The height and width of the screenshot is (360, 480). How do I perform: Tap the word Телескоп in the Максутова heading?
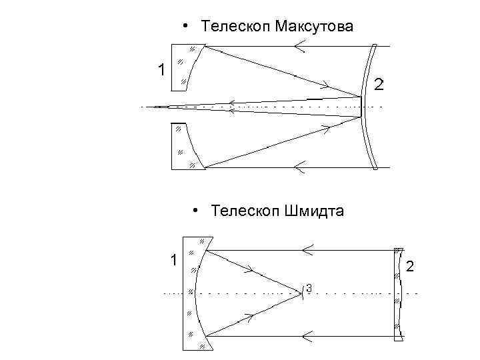coord(231,26)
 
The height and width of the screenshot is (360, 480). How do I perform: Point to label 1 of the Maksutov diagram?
coord(160,69)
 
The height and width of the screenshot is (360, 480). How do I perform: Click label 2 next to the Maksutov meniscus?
coord(379,85)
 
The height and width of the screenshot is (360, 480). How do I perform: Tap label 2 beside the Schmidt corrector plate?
coord(410,267)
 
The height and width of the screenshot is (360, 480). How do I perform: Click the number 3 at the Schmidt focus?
coord(309,288)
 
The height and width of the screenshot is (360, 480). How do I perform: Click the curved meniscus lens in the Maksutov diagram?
coord(368,106)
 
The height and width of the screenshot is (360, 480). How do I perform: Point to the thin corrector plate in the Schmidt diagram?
coord(399,293)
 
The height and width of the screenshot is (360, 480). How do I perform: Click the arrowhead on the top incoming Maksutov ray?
coord(299,45)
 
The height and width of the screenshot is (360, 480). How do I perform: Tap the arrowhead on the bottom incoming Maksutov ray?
coord(299,167)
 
